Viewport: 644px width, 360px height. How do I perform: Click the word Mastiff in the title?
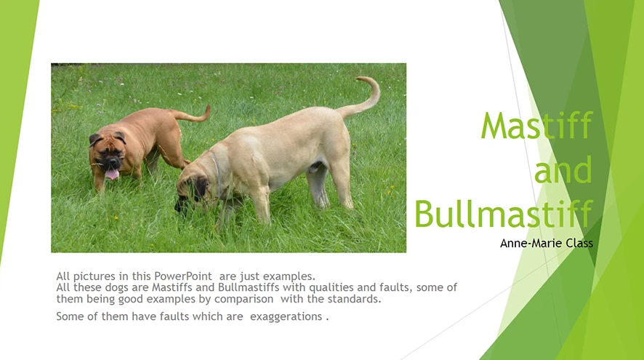click(536, 127)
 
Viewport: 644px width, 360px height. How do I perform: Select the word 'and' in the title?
click(563, 170)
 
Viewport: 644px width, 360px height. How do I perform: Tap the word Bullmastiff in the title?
click(503, 213)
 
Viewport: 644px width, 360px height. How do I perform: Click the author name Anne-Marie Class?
click(546, 243)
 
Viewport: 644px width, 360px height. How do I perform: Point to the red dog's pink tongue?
click(111, 174)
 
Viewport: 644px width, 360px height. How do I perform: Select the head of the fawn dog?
click(193, 190)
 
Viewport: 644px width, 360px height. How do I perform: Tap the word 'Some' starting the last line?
click(69, 317)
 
